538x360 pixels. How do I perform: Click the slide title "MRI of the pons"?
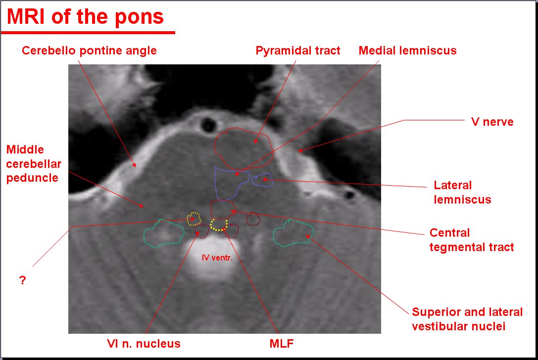click(85, 17)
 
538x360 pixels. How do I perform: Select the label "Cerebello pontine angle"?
click(89, 51)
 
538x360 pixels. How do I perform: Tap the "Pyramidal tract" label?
click(298, 51)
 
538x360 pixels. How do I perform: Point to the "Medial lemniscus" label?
click(407, 51)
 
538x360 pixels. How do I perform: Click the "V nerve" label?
click(491, 121)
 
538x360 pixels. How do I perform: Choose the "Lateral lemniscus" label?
click(462, 192)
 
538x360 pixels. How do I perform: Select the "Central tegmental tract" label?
click(471, 240)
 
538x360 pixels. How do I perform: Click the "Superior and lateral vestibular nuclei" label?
click(467, 319)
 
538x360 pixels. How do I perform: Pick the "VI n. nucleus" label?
click(144, 343)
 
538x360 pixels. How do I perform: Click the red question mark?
click(22, 280)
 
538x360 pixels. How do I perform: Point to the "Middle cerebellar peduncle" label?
click(32, 163)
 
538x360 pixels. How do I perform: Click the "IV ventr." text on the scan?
click(217, 257)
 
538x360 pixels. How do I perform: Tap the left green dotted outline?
click(162, 234)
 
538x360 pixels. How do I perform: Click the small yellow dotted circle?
click(193, 218)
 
